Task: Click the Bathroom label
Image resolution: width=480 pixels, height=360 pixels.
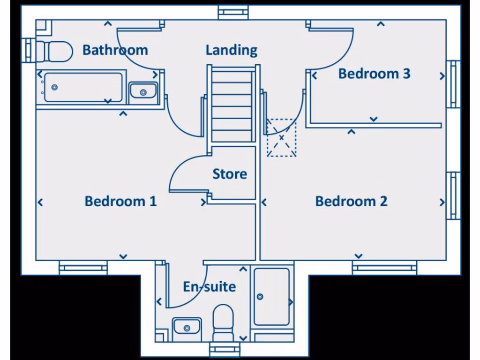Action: click(115, 50)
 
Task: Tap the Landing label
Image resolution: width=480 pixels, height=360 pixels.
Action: click(232, 50)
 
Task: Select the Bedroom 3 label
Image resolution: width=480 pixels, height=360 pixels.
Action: click(374, 74)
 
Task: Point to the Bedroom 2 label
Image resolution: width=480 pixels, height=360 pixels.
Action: click(351, 202)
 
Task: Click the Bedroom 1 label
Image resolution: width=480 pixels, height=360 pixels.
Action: click(120, 202)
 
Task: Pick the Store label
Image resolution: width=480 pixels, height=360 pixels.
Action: click(230, 174)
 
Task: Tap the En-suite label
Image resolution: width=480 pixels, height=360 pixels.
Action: click(210, 286)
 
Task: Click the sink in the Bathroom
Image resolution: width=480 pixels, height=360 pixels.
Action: click(143, 90)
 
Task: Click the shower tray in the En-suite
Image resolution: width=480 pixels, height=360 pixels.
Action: click(271, 297)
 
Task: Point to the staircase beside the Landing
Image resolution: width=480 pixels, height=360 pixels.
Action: click(232, 104)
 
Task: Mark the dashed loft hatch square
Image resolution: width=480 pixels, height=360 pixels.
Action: click(282, 138)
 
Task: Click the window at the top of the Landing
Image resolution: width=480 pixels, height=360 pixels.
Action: click(233, 12)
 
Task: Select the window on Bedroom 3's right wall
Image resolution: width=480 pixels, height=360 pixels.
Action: click(453, 84)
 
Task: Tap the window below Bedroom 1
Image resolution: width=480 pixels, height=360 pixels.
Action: click(83, 268)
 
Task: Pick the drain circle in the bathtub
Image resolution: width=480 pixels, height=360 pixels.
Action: click(55, 87)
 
